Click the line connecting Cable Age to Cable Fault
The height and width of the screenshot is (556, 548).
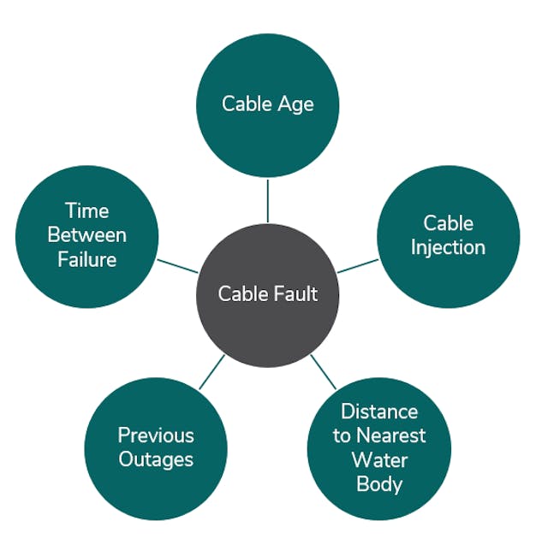pyautogui.click(x=268, y=199)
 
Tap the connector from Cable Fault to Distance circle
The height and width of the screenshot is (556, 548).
pyautogui.click(x=323, y=370)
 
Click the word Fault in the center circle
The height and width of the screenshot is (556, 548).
pyautogui.click(x=296, y=294)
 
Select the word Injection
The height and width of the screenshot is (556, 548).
pyautogui.click(x=448, y=247)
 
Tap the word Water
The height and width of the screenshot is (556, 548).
pyautogui.click(x=378, y=459)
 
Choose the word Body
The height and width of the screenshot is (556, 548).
pyautogui.click(x=378, y=483)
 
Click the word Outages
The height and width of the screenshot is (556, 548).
pyautogui.click(x=156, y=459)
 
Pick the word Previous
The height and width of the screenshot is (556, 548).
pyautogui.click(x=156, y=435)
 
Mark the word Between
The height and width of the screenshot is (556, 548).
pyautogui.click(x=86, y=235)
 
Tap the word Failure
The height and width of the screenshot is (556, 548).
pyautogui.click(x=86, y=259)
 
